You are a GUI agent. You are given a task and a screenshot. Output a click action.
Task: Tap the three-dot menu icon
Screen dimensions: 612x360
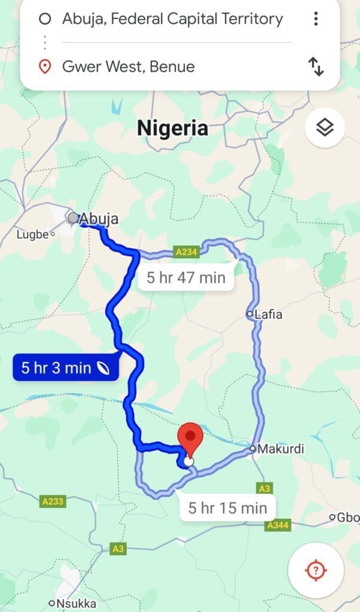pyautogui.click(x=316, y=19)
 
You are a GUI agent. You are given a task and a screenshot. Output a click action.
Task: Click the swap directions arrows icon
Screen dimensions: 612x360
pyautogui.click(x=316, y=66)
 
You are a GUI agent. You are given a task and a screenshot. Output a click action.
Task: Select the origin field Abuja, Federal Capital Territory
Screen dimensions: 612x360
pyautogui.click(x=172, y=19)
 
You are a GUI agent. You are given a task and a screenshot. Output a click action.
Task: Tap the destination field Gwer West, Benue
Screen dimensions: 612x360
pyautogui.click(x=128, y=66)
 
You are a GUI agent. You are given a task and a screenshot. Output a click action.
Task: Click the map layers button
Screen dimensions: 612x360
pyautogui.click(x=325, y=127)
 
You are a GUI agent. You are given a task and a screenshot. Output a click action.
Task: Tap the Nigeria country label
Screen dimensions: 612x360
pyautogui.click(x=173, y=128)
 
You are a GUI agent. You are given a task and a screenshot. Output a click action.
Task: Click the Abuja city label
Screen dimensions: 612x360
pyautogui.click(x=99, y=219)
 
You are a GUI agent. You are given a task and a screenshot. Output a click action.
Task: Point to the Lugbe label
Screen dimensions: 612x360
pyautogui.click(x=32, y=234)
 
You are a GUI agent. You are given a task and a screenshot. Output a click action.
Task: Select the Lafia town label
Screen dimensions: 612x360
pyautogui.click(x=268, y=314)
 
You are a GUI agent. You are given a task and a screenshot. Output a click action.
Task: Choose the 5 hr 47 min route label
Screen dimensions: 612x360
pyautogui.click(x=186, y=277)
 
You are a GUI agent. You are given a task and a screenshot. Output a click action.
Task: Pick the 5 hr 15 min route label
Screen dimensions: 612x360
pyautogui.click(x=227, y=508)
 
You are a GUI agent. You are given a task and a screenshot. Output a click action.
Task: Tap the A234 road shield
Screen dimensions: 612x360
pyautogui.click(x=186, y=253)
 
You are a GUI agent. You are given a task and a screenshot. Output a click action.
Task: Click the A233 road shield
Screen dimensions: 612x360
pyautogui.click(x=53, y=502)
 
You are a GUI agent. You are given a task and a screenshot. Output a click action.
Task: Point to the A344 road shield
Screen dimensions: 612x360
pyautogui.click(x=278, y=525)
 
